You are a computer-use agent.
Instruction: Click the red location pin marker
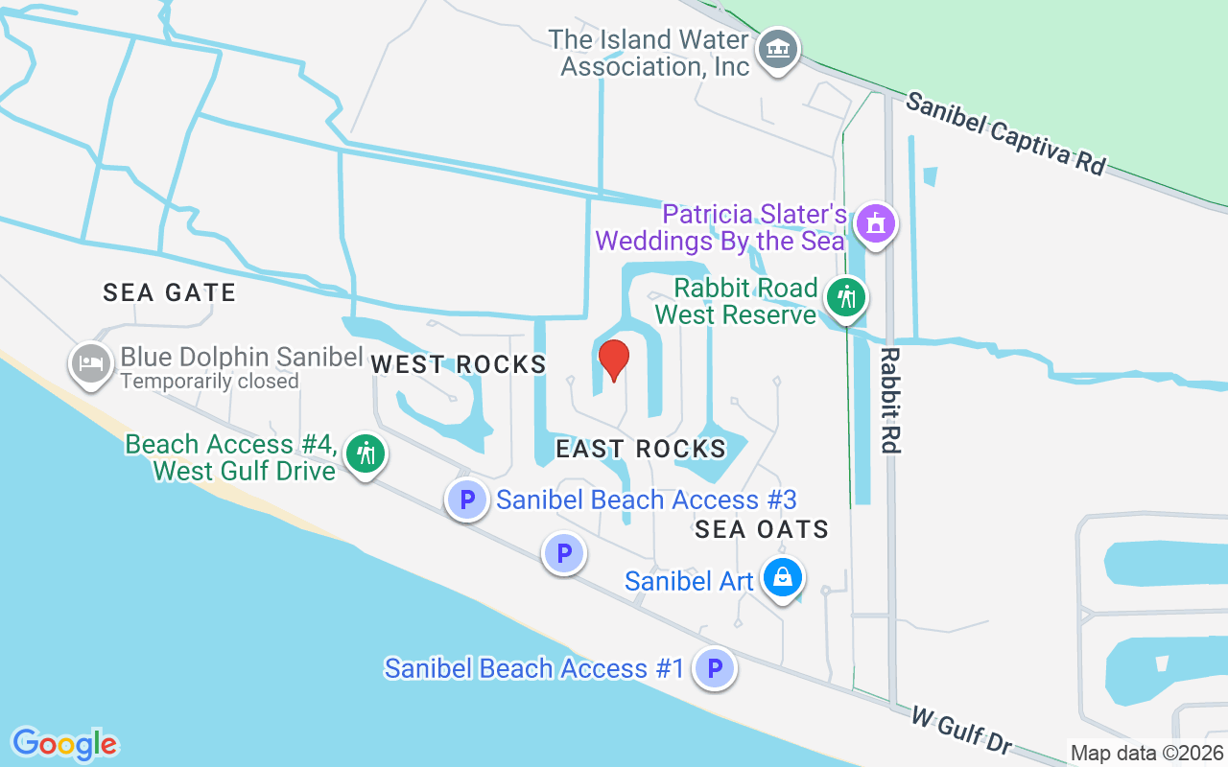614,360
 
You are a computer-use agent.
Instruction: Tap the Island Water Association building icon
778,48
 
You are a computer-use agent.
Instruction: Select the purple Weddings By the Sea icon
875,223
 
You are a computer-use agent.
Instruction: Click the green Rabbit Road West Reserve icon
845,298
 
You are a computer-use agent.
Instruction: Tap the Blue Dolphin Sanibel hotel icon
89,362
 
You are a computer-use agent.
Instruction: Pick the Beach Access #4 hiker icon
365,453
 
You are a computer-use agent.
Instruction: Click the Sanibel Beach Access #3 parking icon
467,500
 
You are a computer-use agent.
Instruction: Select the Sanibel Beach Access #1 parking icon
715,668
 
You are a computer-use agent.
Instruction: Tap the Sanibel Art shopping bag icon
783,578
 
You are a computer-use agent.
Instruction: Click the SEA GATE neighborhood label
170,292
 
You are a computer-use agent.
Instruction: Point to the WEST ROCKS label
459,364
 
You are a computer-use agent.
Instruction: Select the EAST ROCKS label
641,449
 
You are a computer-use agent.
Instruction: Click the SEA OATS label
762,529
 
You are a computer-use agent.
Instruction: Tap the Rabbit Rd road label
890,400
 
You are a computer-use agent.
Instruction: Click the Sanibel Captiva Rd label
1005,133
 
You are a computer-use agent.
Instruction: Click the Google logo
64,744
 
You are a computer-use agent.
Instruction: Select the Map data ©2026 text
1147,753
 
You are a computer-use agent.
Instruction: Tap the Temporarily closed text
209,382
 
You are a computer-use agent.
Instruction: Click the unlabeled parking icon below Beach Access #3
564,554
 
